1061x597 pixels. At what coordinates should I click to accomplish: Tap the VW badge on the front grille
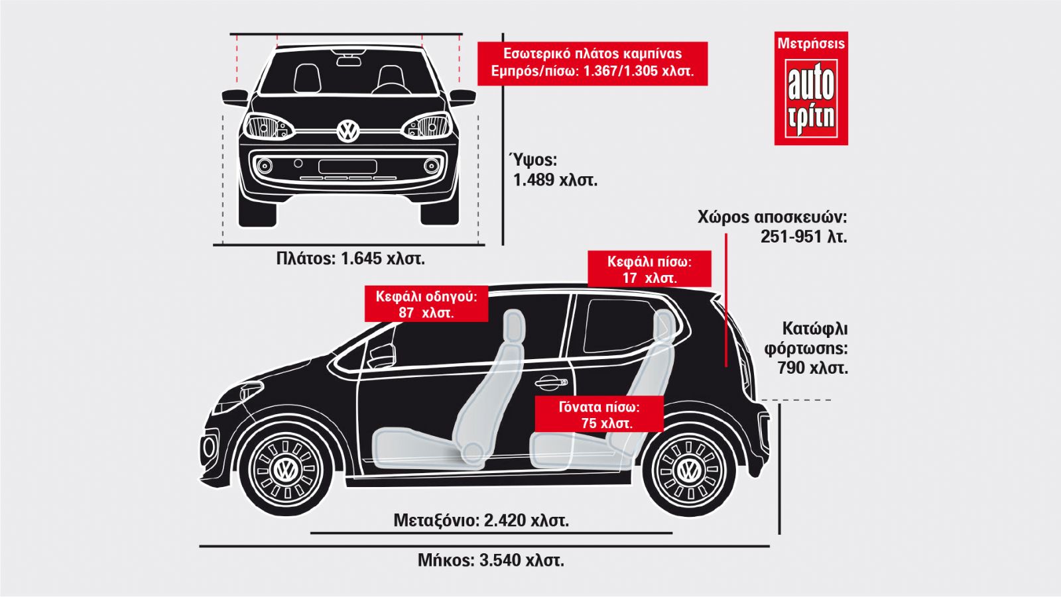(348, 130)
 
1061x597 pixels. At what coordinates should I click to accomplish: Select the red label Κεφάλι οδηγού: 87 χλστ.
(426, 304)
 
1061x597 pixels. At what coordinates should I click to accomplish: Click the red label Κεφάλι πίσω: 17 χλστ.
(649, 269)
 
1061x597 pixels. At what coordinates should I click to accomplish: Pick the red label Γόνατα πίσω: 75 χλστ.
(599, 414)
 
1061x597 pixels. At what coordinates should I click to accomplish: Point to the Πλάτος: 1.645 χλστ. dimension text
(351, 258)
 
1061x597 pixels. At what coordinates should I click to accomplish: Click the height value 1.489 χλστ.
(555, 180)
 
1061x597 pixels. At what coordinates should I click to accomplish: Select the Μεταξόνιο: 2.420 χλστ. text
(481, 520)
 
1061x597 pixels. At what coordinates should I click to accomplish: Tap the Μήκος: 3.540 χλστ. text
(491, 560)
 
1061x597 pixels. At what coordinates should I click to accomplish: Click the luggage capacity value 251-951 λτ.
(804, 237)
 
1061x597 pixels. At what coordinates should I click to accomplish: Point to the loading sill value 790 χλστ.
(812, 368)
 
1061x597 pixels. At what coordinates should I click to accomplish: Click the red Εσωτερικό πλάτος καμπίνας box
(593, 64)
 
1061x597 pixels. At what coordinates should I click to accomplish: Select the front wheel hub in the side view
(286, 470)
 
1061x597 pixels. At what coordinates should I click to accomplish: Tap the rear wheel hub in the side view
(687, 470)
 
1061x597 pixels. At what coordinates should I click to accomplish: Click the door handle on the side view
(551, 382)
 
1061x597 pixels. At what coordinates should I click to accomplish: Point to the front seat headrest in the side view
(513, 326)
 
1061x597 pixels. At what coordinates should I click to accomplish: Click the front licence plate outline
(347, 167)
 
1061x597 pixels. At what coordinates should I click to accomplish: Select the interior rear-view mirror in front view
(348, 61)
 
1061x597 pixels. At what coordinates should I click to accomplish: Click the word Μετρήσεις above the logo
(811, 44)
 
